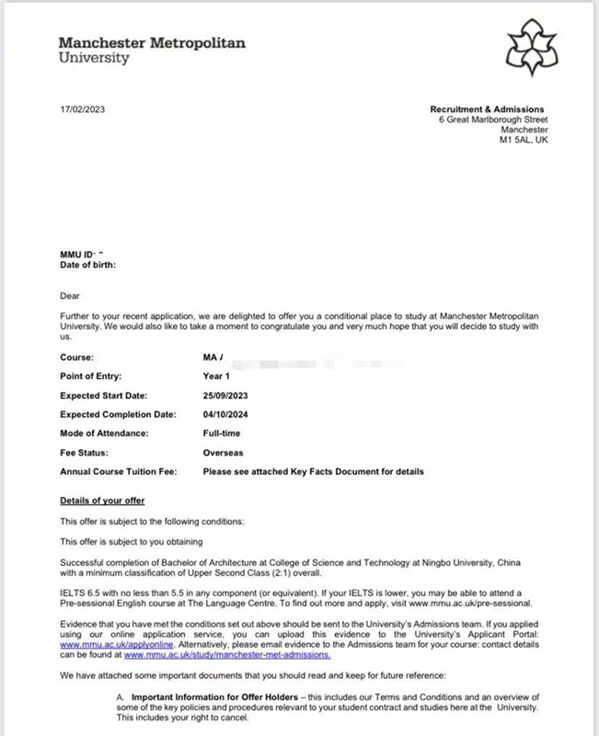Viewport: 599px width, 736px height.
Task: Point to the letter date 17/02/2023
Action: coord(84,109)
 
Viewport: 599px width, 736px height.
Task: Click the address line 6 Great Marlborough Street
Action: coord(492,120)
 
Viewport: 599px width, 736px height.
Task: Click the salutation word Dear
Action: coord(70,295)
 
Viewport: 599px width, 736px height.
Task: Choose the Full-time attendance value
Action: coord(224,433)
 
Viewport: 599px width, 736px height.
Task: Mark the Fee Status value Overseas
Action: coord(224,453)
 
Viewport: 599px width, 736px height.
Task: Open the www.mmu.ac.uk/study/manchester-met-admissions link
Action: coord(226,655)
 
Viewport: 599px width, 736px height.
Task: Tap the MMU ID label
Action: coord(78,255)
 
